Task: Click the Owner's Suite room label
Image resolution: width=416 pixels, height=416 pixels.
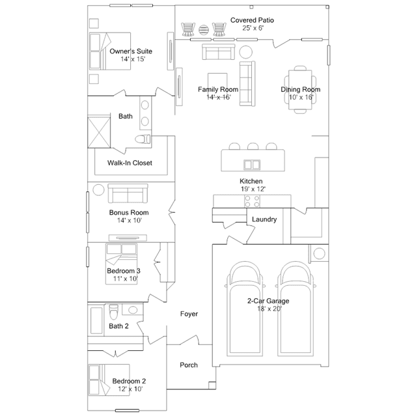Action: coord(131,51)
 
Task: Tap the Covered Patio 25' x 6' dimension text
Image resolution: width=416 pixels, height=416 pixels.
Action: coord(253,28)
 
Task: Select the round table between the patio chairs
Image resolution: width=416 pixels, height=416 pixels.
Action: coord(204,30)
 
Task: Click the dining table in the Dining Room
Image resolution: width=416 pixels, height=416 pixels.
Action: coord(300,90)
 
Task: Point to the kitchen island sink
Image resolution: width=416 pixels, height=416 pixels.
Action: coord(252,165)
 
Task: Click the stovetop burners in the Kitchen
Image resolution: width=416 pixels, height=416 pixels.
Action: coord(252,201)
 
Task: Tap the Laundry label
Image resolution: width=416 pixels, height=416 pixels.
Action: coord(264,219)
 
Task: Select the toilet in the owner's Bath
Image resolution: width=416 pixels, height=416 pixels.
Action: coord(143,139)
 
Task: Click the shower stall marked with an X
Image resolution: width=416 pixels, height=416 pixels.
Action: coord(99,132)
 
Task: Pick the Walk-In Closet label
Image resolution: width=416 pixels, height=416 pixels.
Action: coord(130,163)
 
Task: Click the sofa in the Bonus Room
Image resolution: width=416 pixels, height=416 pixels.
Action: coord(128,193)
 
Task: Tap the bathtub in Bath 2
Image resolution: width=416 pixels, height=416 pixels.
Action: coord(96,320)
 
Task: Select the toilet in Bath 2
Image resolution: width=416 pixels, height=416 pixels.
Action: coord(113,312)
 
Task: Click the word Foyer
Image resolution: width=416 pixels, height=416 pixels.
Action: coord(189,314)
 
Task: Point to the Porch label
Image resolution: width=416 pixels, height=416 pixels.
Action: coord(189,365)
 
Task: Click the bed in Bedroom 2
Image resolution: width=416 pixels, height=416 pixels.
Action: coord(109,380)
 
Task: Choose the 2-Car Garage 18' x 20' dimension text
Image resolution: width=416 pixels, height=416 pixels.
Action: coord(270,309)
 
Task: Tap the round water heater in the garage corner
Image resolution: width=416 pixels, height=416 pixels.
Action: coord(319,253)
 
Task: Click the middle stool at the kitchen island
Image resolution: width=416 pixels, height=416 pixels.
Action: coord(253,146)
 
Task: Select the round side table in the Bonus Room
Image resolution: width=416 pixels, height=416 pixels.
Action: coord(98,190)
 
